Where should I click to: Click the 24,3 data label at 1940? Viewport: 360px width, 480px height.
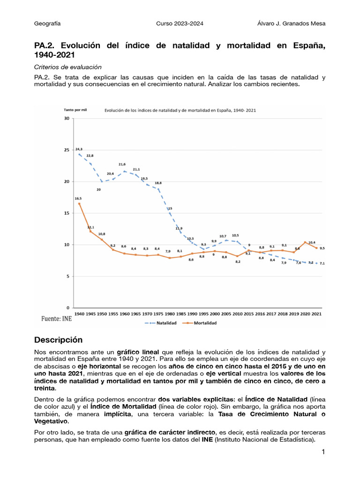79,149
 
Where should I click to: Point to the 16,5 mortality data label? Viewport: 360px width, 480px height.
79,199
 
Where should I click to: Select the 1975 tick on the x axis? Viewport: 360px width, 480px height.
158,314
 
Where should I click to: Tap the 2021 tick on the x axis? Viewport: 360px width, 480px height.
316,314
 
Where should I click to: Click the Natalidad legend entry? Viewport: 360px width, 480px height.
164,322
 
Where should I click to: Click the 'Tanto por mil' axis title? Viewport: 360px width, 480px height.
75,110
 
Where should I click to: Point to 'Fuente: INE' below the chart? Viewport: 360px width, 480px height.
53,319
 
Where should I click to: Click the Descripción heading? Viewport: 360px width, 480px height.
58,340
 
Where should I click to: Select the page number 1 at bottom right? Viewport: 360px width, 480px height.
323,452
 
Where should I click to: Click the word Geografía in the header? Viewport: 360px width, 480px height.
47,23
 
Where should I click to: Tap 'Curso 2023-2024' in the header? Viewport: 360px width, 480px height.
180,23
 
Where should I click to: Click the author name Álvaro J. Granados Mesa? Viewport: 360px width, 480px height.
291,23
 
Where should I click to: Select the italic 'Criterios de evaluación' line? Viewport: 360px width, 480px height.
68,67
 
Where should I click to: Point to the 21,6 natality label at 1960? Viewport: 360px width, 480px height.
122,165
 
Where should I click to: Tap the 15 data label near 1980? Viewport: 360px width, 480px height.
170,209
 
